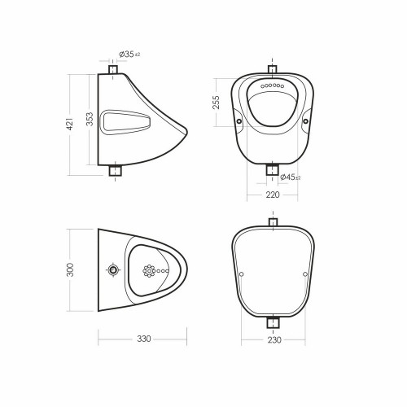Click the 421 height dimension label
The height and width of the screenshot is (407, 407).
pyautogui.click(x=70, y=124)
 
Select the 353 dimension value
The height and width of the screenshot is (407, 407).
pyautogui.click(x=90, y=119)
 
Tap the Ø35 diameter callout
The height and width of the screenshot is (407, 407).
pyautogui.click(x=129, y=55)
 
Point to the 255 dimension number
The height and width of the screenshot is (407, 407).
pyautogui.click(x=216, y=103)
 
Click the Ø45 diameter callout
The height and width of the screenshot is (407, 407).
pyautogui.click(x=290, y=177)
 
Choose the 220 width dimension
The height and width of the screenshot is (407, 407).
pyautogui.click(x=273, y=195)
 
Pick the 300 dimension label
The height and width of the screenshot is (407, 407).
pyautogui.click(x=70, y=269)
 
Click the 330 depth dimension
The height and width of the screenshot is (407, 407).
pyautogui.click(x=144, y=339)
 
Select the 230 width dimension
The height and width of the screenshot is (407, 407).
pyautogui.click(x=274, y=339)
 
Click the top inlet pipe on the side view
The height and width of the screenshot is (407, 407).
pyautogui.click(x=113, y=69)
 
